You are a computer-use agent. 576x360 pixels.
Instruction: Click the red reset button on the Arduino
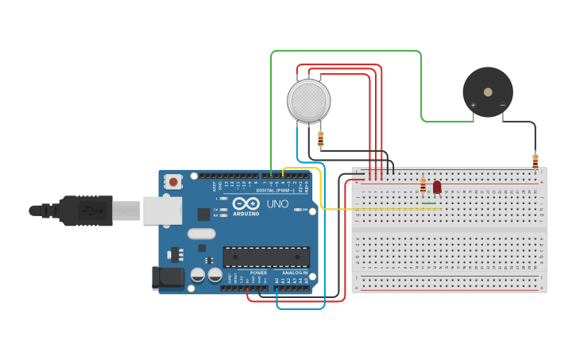[173, 182]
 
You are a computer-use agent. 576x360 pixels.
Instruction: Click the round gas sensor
[308, 101]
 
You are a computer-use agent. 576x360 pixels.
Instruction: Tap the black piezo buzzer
[488, 93]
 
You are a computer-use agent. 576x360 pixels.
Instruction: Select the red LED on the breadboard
[437, 187]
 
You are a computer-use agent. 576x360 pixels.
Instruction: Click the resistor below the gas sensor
[320, 140]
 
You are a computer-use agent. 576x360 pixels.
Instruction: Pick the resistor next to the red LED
[423, 187]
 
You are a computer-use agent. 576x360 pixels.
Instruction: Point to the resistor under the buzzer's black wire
[535, 161]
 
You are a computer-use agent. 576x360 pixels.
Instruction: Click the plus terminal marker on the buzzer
[474, 106]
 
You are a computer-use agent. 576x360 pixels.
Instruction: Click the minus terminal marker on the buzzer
[502, 106]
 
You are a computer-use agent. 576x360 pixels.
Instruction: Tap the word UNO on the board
[277, 204]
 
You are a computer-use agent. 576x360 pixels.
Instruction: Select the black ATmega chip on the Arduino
[265, 257]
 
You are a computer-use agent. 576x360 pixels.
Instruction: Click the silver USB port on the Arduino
[161, 211]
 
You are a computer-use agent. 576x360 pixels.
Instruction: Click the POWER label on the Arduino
[259, 272]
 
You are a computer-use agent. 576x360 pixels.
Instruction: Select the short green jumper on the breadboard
[429, 204]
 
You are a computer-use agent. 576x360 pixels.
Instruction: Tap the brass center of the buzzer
[488, 92]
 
